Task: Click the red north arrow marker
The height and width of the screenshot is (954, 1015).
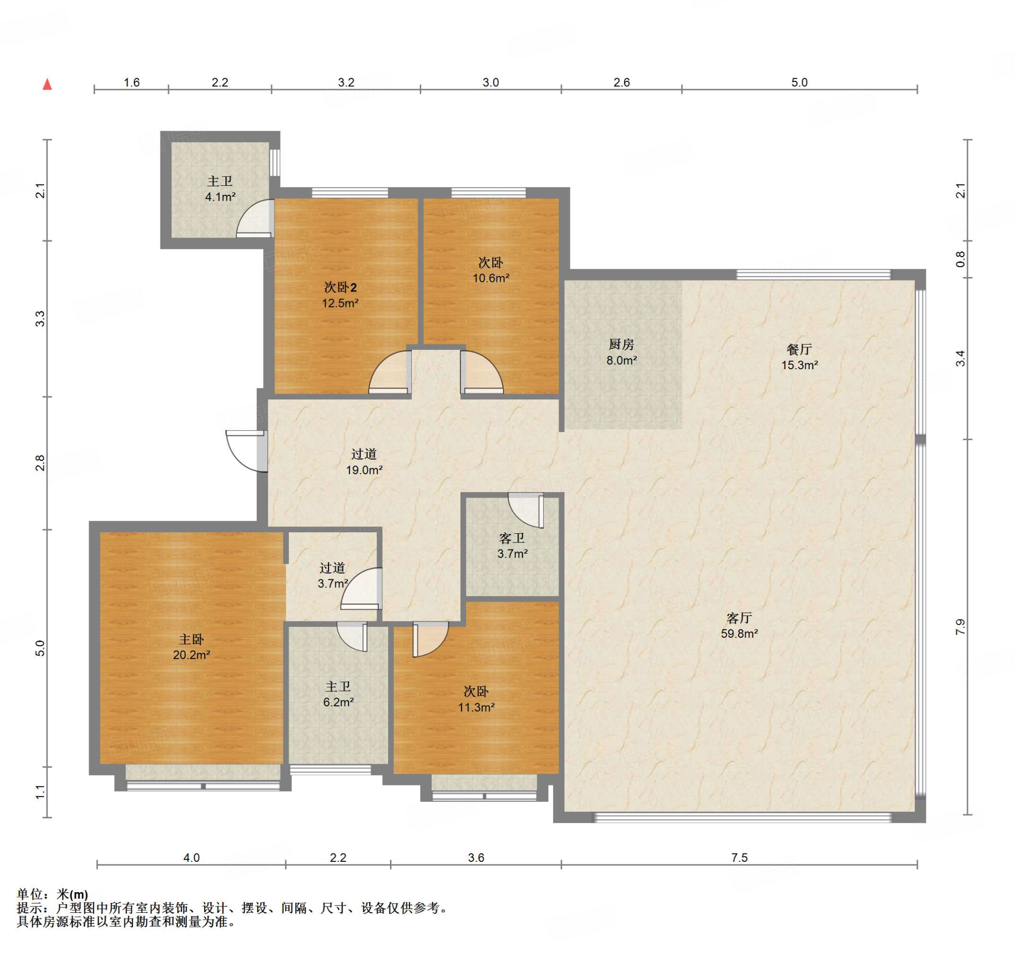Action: point(48,84)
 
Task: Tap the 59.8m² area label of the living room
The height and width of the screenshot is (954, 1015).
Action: point(739,633)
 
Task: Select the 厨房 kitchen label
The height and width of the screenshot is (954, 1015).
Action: point(621,344)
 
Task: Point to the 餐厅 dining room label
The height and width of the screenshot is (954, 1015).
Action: point(799,349)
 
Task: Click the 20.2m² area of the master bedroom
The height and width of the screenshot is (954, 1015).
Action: point(191,655)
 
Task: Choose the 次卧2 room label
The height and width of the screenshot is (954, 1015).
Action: point(340,287)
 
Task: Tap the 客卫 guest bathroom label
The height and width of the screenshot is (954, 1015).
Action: point(512,538)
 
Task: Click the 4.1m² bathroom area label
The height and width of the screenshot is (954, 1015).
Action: point(220,197)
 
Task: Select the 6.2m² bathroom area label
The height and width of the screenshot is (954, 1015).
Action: point(338,702)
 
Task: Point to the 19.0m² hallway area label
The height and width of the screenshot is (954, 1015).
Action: point(364,470)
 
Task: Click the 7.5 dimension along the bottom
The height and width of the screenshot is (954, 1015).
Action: point(739,857)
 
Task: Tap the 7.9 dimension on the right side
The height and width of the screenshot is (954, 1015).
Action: point(960,626)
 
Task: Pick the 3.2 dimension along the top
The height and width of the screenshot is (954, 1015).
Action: point(345,82)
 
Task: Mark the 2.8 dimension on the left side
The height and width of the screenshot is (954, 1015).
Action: point(40,463)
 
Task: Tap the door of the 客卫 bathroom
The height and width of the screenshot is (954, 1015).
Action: point(526,510)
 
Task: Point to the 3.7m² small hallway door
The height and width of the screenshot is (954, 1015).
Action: point(361,589)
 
